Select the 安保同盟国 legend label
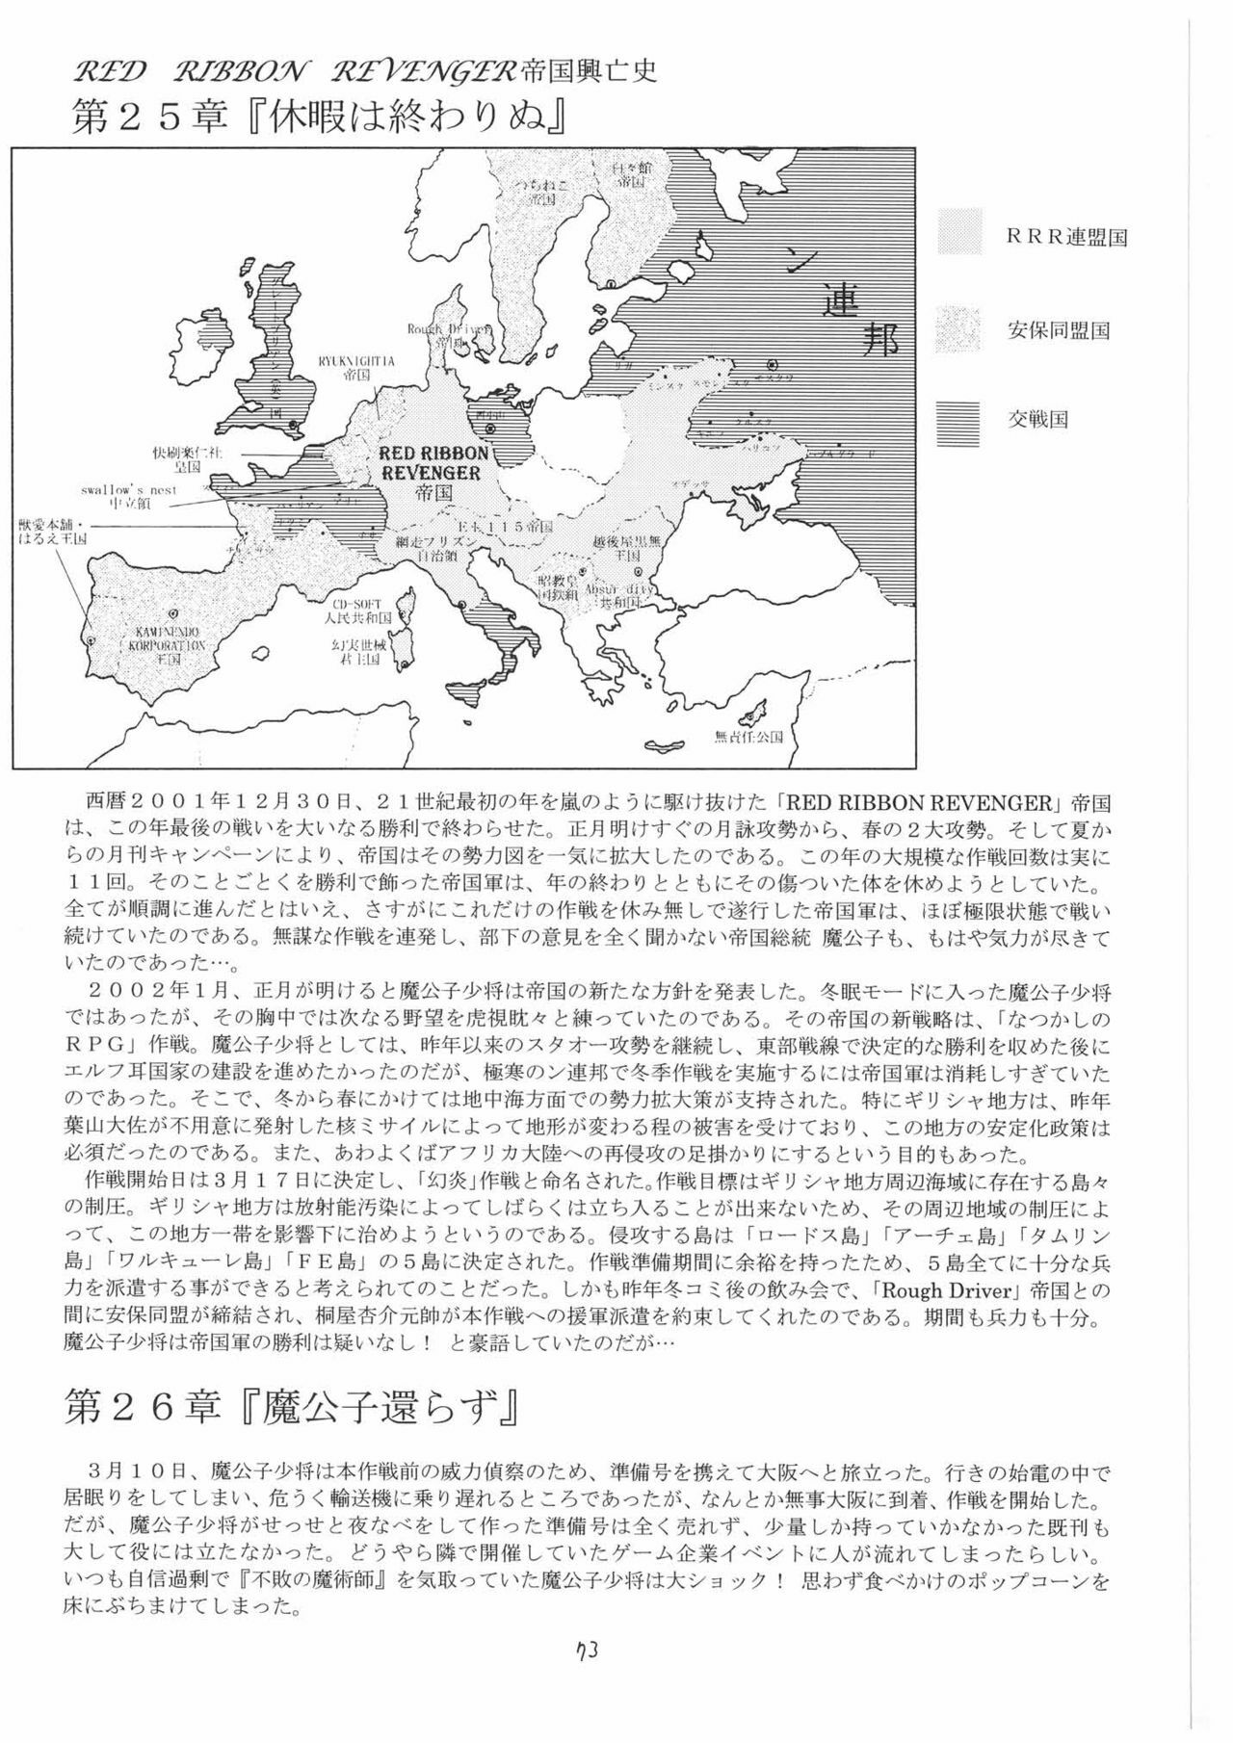click(x=1059, y=330)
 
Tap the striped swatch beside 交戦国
click(x=959, y=420)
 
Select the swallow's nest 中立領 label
click(x=131, y=496)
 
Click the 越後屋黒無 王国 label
click(x=627, y=549)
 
